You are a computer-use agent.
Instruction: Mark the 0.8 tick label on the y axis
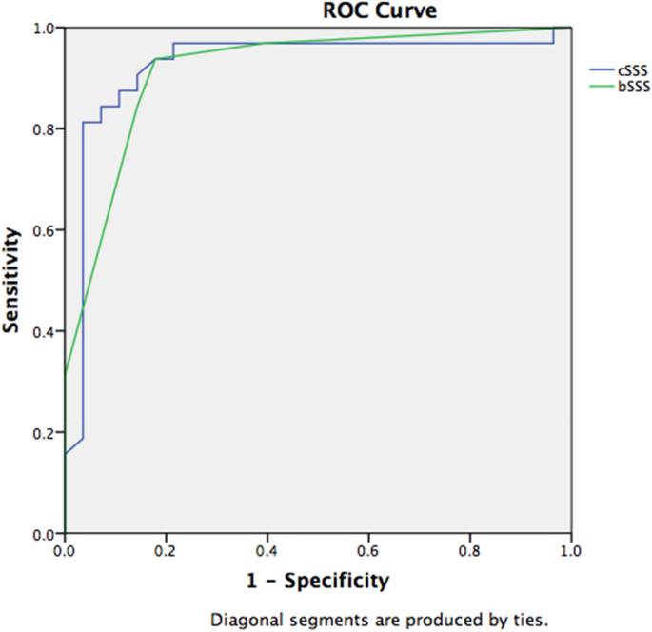coord(44,128)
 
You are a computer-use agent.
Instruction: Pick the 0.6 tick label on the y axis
coord(44,230)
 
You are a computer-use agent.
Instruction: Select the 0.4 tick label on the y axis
coord(44,331)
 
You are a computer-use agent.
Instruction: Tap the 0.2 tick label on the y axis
coord(44,433)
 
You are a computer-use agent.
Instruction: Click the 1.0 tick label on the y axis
coord(44,28)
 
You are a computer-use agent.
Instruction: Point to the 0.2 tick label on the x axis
coord(166,551)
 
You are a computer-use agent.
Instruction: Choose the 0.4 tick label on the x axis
coord(267,551)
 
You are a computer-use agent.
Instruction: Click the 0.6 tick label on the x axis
coord(368,551)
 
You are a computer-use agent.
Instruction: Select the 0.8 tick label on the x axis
coord(469,551)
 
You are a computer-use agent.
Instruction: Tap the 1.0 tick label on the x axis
coord(570,551)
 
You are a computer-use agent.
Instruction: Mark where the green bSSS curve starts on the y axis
coord(64,376)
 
